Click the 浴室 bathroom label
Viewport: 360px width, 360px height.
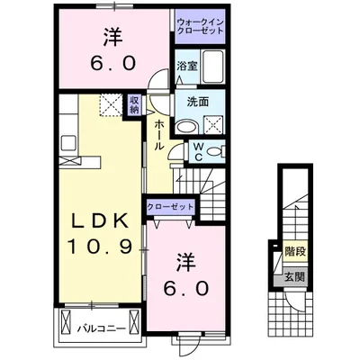point(186,66)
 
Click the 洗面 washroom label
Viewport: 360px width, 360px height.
point(198,103)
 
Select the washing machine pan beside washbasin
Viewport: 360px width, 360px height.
point(215,123)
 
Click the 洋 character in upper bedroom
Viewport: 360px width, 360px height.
point(112,38)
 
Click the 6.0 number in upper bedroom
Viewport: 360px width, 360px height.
point(112,65)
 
